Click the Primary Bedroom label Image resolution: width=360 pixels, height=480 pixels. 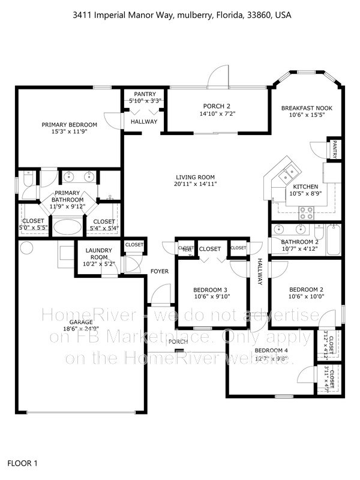point(69,125)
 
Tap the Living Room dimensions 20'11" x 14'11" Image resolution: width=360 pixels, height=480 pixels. point(196,184)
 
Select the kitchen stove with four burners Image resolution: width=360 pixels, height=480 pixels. point(307,211)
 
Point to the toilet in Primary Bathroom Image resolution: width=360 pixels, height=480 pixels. point(26,181)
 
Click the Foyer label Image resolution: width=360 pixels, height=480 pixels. point(160,271)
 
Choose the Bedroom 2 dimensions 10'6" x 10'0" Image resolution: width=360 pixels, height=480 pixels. point(306,295)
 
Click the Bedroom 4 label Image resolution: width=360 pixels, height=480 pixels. point(271,350)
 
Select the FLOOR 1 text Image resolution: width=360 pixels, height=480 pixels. point(23,463)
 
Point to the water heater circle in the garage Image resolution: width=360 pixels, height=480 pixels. point(26,247)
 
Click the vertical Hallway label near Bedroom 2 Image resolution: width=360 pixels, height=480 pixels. point(260,271)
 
